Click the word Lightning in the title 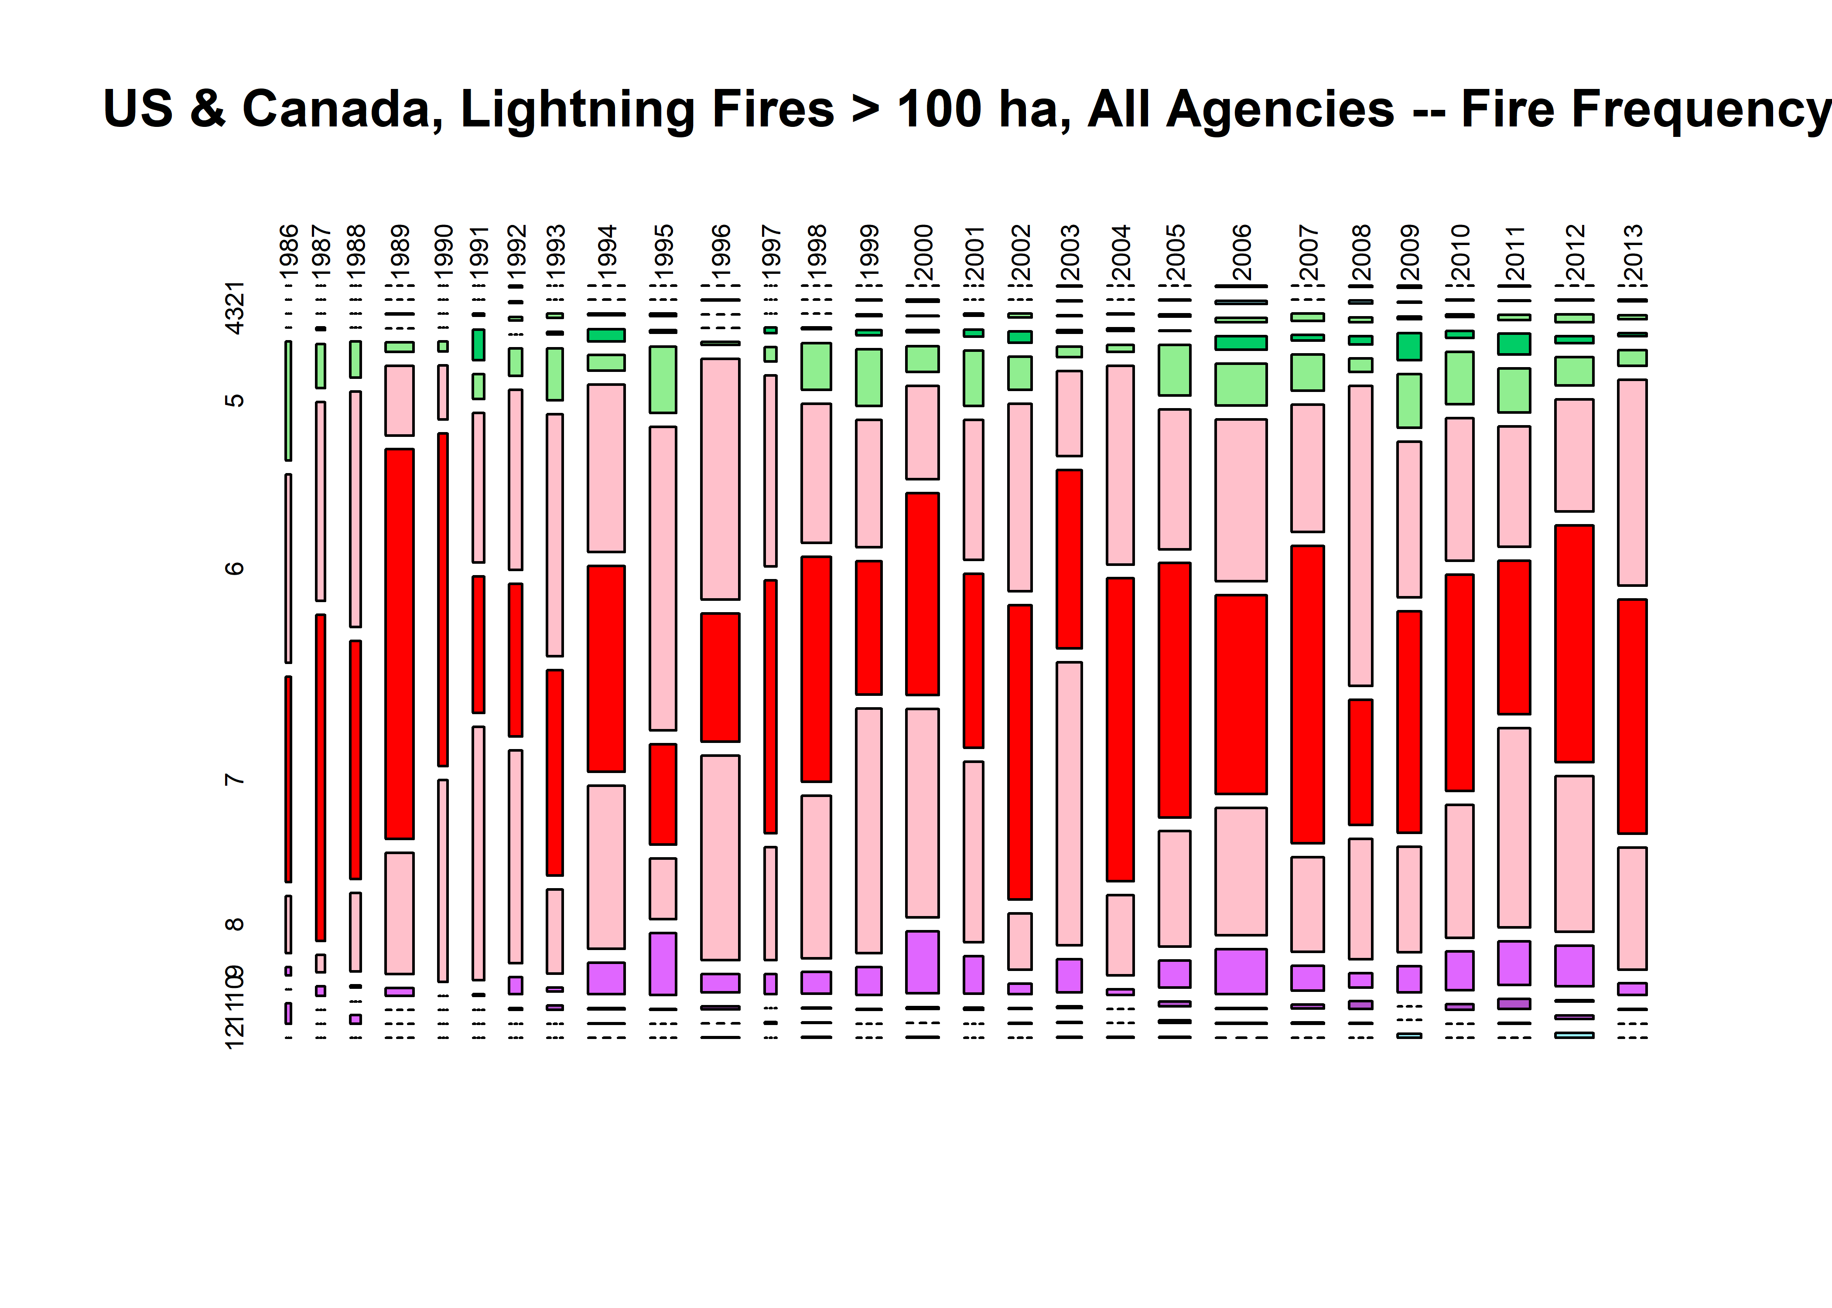click(x=577, y=109)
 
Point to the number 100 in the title click(x=941, y=109)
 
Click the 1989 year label click(x=400, y=251)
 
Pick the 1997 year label click(x=771, y=251)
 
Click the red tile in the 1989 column click(x=400, y=644)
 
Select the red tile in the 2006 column click(x=1241, y=694)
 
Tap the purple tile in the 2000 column click(x=923, y=962)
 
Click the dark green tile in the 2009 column click(x=1409, y=346)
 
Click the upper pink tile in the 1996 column click(x=720, y=479)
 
